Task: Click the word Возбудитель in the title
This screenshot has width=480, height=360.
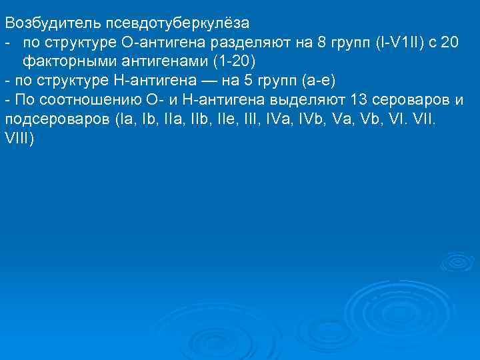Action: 51,23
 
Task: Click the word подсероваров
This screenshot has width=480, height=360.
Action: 57,120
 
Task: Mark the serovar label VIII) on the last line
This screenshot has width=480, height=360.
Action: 20,139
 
